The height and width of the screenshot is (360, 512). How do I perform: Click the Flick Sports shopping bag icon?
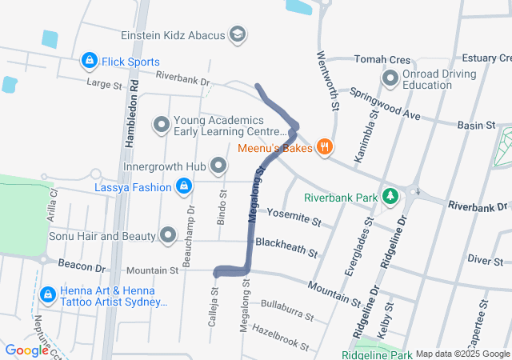[x=88, y=61]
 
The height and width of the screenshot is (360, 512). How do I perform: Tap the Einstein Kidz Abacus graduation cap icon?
[x=238, y=35]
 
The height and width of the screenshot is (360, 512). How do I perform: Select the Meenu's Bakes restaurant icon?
[x=324, y=147]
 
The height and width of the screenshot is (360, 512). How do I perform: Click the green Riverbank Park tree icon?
[x=390, y=197]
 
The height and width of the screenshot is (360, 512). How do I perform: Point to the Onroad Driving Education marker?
[x=390, y=79]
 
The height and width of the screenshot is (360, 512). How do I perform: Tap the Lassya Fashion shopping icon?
[x=184, y=187]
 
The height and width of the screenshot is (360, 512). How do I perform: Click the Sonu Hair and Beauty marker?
[x=168, y=236]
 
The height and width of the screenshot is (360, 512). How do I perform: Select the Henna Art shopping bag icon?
[x=47, y=295]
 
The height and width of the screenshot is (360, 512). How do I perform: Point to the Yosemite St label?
[x=294, y=217]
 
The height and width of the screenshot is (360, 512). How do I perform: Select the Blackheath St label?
[x=286, y=246]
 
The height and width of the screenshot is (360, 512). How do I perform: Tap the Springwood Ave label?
[x=384, y=104]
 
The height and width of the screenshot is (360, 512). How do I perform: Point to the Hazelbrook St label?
[x=280, y=336]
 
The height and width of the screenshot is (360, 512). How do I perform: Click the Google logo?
[x=26, y=350]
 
